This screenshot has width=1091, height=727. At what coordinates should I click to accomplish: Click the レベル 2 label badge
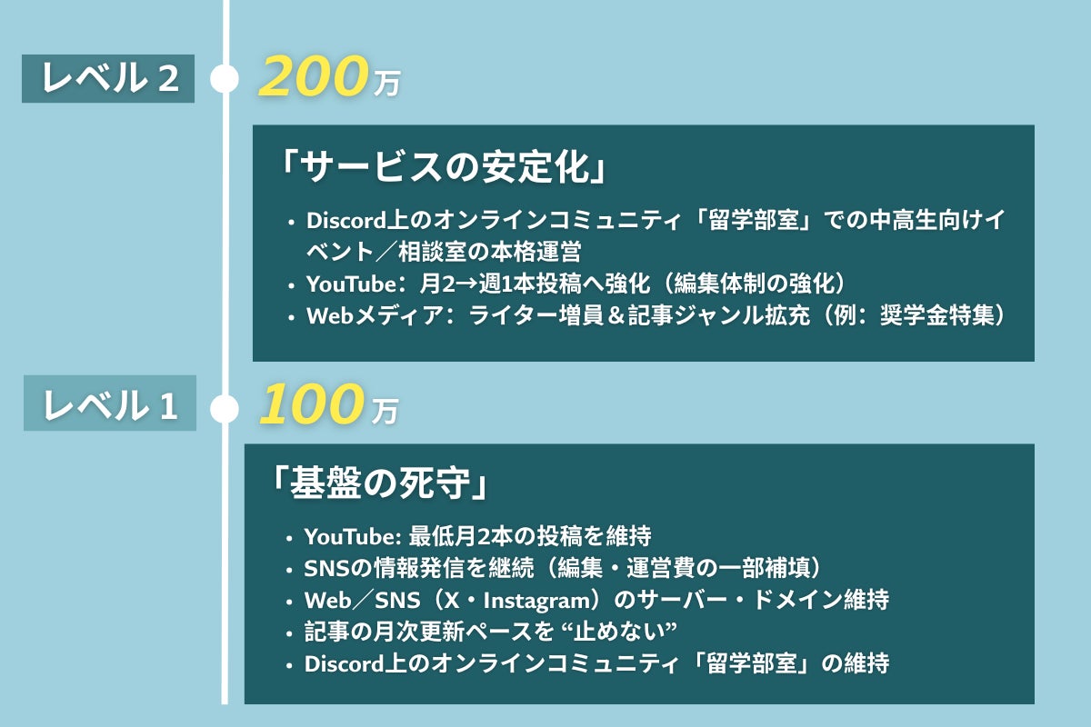click(x=108, y=80)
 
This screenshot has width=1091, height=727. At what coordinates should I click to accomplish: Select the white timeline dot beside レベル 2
click(x=225, y=80)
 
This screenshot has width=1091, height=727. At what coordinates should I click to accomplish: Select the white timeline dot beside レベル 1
click(x=225, y=408)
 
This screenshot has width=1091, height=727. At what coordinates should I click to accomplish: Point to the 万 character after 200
click(x=386, y=85)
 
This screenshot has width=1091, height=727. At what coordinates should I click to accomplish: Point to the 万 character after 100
click(x=385, y=412)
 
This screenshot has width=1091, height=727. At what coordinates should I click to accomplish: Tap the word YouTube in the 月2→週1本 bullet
click(x=346, y=284)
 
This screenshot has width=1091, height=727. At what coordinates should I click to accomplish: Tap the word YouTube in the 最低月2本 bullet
click(x=345, y=536)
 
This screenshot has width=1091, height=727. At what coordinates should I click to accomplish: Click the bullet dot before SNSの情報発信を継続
click(x=289, y=569)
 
